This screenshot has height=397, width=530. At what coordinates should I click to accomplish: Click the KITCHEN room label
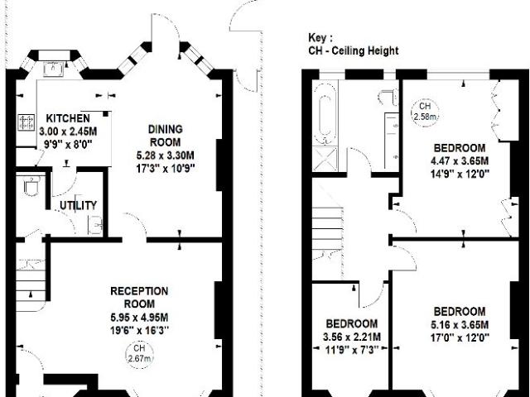pos(68,118)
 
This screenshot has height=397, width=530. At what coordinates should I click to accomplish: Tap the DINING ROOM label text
pos(166,136)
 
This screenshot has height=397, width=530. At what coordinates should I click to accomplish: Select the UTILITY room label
pos(78,205)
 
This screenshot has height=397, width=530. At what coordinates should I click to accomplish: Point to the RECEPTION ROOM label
pos(139,298)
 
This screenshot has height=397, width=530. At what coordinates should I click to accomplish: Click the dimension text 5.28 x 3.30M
pos(166,155)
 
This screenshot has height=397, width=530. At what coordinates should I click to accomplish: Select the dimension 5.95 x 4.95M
pos(139,318)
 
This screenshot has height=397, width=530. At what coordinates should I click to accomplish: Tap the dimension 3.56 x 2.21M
pos(351,337)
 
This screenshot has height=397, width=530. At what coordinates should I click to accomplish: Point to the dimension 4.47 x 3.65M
pos(460,160)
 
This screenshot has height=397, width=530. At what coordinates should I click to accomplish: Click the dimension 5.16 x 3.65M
pos(460,324)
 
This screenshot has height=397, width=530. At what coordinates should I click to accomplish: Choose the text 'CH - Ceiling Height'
pos(354,50)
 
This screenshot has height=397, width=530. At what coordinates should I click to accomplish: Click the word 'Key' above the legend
pos(318,38)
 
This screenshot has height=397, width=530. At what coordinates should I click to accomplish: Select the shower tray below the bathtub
pos(325,160)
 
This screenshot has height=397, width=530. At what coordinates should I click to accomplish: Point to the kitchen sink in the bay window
pos(53,69)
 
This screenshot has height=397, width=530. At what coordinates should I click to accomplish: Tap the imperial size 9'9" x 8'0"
pos(68,145)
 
